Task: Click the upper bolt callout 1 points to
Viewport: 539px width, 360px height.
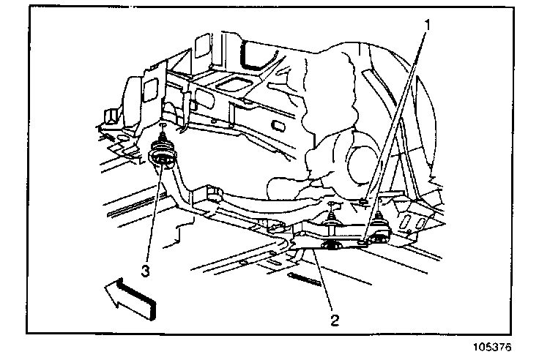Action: [x=363, y=200]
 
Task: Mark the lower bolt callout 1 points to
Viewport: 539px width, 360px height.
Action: [x=364, y=239]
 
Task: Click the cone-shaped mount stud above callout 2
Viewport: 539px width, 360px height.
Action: [x=332, y=214]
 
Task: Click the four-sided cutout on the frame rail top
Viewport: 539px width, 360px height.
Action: [x=237, y=83]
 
